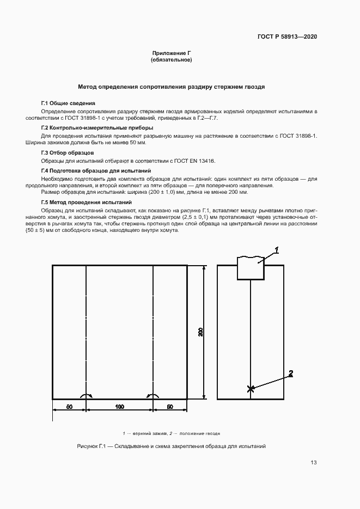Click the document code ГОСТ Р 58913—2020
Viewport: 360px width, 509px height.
click(x=287, y=37)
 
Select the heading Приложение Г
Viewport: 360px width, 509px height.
click(x=171, y=53)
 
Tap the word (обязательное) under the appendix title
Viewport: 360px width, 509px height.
click(x=171, y=60)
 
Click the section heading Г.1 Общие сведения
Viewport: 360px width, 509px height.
click(x=68, y=103)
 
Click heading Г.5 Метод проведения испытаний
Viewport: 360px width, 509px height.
click(x=86, y=202)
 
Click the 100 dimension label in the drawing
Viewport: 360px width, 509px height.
click(x=119, y=407)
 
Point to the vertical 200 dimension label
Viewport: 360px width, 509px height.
click(x=200, y=332)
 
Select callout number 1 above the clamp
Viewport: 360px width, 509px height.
click(x=277, y=250)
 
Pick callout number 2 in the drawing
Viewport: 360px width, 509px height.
click(x=291, y=373)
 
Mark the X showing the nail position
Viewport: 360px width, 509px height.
click(x=251, y=389)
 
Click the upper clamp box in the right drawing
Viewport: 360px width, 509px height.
click(x=251, y=269)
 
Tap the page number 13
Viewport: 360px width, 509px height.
click(x=313, y=463)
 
